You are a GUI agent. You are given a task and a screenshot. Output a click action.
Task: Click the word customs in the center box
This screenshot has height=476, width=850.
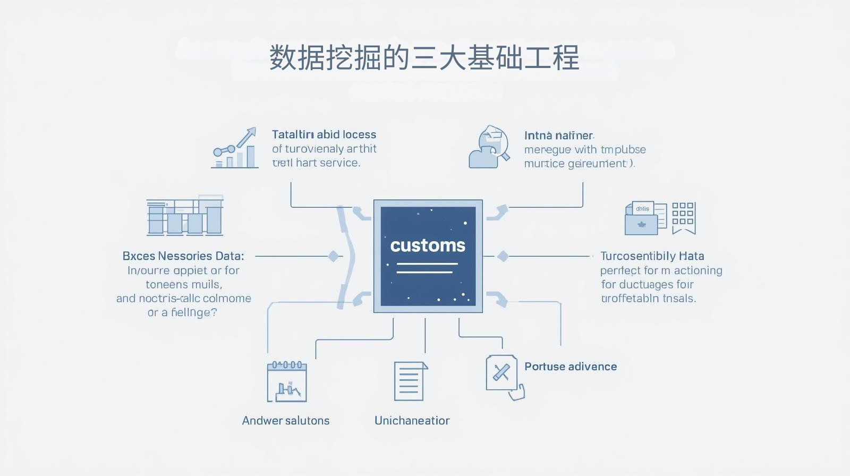[428, 245]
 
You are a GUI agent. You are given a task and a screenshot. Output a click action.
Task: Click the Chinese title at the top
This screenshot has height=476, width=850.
[424, 57]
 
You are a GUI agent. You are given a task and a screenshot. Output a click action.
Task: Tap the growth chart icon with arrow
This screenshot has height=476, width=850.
[235, 148]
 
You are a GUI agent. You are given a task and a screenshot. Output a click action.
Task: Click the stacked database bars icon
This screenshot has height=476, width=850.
[185, 216]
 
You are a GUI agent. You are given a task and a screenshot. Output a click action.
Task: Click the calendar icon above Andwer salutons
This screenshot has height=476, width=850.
[287, 381]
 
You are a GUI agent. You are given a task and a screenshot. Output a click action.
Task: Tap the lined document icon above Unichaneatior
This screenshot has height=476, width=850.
[410, 381]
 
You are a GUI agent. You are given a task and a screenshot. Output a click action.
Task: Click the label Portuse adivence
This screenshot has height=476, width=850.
[571, 367]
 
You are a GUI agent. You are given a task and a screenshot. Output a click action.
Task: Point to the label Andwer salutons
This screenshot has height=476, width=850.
[286, 421]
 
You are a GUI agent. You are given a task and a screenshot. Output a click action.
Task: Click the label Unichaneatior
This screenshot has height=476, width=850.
[412, 421]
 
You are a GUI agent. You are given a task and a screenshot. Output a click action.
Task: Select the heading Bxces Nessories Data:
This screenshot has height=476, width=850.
[183, 256]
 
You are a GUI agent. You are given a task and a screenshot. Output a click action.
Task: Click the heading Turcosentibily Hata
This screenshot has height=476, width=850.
[652, 256]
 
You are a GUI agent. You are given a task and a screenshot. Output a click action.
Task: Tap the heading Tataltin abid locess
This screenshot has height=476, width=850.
[324, 134]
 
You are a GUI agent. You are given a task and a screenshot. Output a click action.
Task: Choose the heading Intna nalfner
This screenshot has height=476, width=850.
[559, 135]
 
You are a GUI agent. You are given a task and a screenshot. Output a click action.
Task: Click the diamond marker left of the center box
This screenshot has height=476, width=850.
[334, 256]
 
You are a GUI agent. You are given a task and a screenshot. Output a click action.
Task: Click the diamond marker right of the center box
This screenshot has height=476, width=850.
[503, 256]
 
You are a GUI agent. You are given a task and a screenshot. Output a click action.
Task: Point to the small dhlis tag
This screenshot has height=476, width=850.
[642, 209]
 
